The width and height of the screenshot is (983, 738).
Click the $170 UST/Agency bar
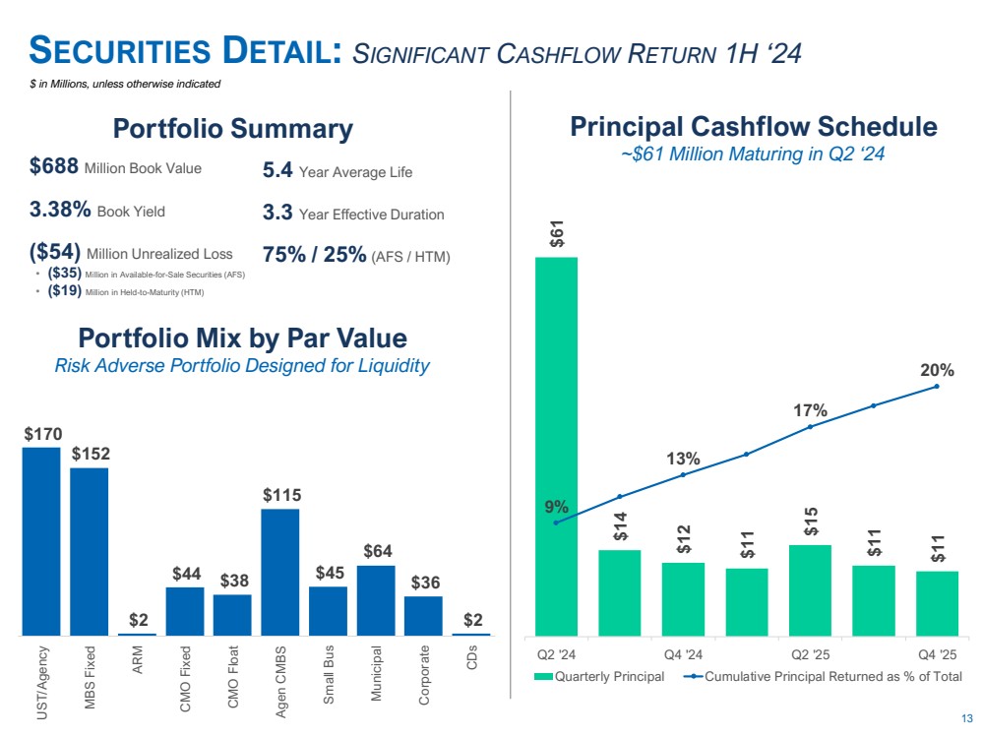[x=41, y=541]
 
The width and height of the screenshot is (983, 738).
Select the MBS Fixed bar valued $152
[x=89, y=551]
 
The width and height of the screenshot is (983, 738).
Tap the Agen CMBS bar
[x=280, y=572]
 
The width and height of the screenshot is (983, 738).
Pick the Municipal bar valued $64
[x=375, y=600]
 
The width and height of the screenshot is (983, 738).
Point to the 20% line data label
[x=937, y=370]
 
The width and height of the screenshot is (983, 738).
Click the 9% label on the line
[x=556, y=507]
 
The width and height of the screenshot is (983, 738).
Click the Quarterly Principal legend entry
[x=599, y=676]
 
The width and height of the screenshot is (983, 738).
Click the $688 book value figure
[x=54, y=168]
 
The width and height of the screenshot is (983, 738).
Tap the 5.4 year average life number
[x=277, y=171]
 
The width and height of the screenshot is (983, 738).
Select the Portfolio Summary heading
[x=232, y=129]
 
